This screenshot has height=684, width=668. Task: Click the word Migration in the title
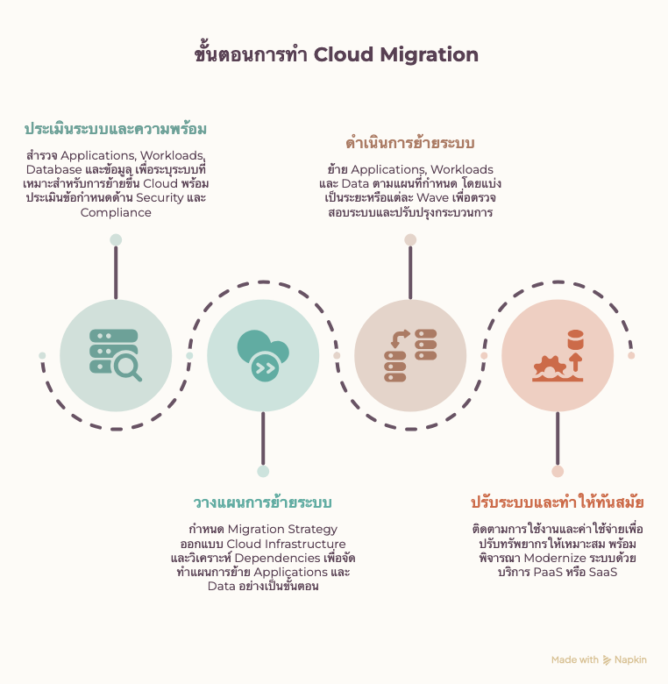[429, 55]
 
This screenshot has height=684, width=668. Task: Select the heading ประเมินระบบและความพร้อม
[116, 129]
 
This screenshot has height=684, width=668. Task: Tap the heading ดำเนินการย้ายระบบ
[410, 143]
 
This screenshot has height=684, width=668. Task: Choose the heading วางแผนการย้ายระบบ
[262, 502]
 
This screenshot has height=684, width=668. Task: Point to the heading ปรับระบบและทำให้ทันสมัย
[558, 502]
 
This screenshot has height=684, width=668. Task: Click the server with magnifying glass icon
[116, 355]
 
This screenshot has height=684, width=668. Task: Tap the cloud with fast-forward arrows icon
[263, 355]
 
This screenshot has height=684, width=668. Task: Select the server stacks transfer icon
[410, 355]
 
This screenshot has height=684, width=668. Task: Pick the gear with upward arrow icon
[558, 355]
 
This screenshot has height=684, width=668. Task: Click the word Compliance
[116, 213]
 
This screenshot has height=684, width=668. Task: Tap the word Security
[160, 198]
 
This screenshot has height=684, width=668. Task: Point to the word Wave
[432, 198]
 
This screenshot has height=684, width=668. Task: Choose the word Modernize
[555, 559]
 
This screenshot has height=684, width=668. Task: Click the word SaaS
[603, 573]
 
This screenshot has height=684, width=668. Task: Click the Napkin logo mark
[607, 660]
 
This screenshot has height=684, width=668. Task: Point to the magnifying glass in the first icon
[128, 367]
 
